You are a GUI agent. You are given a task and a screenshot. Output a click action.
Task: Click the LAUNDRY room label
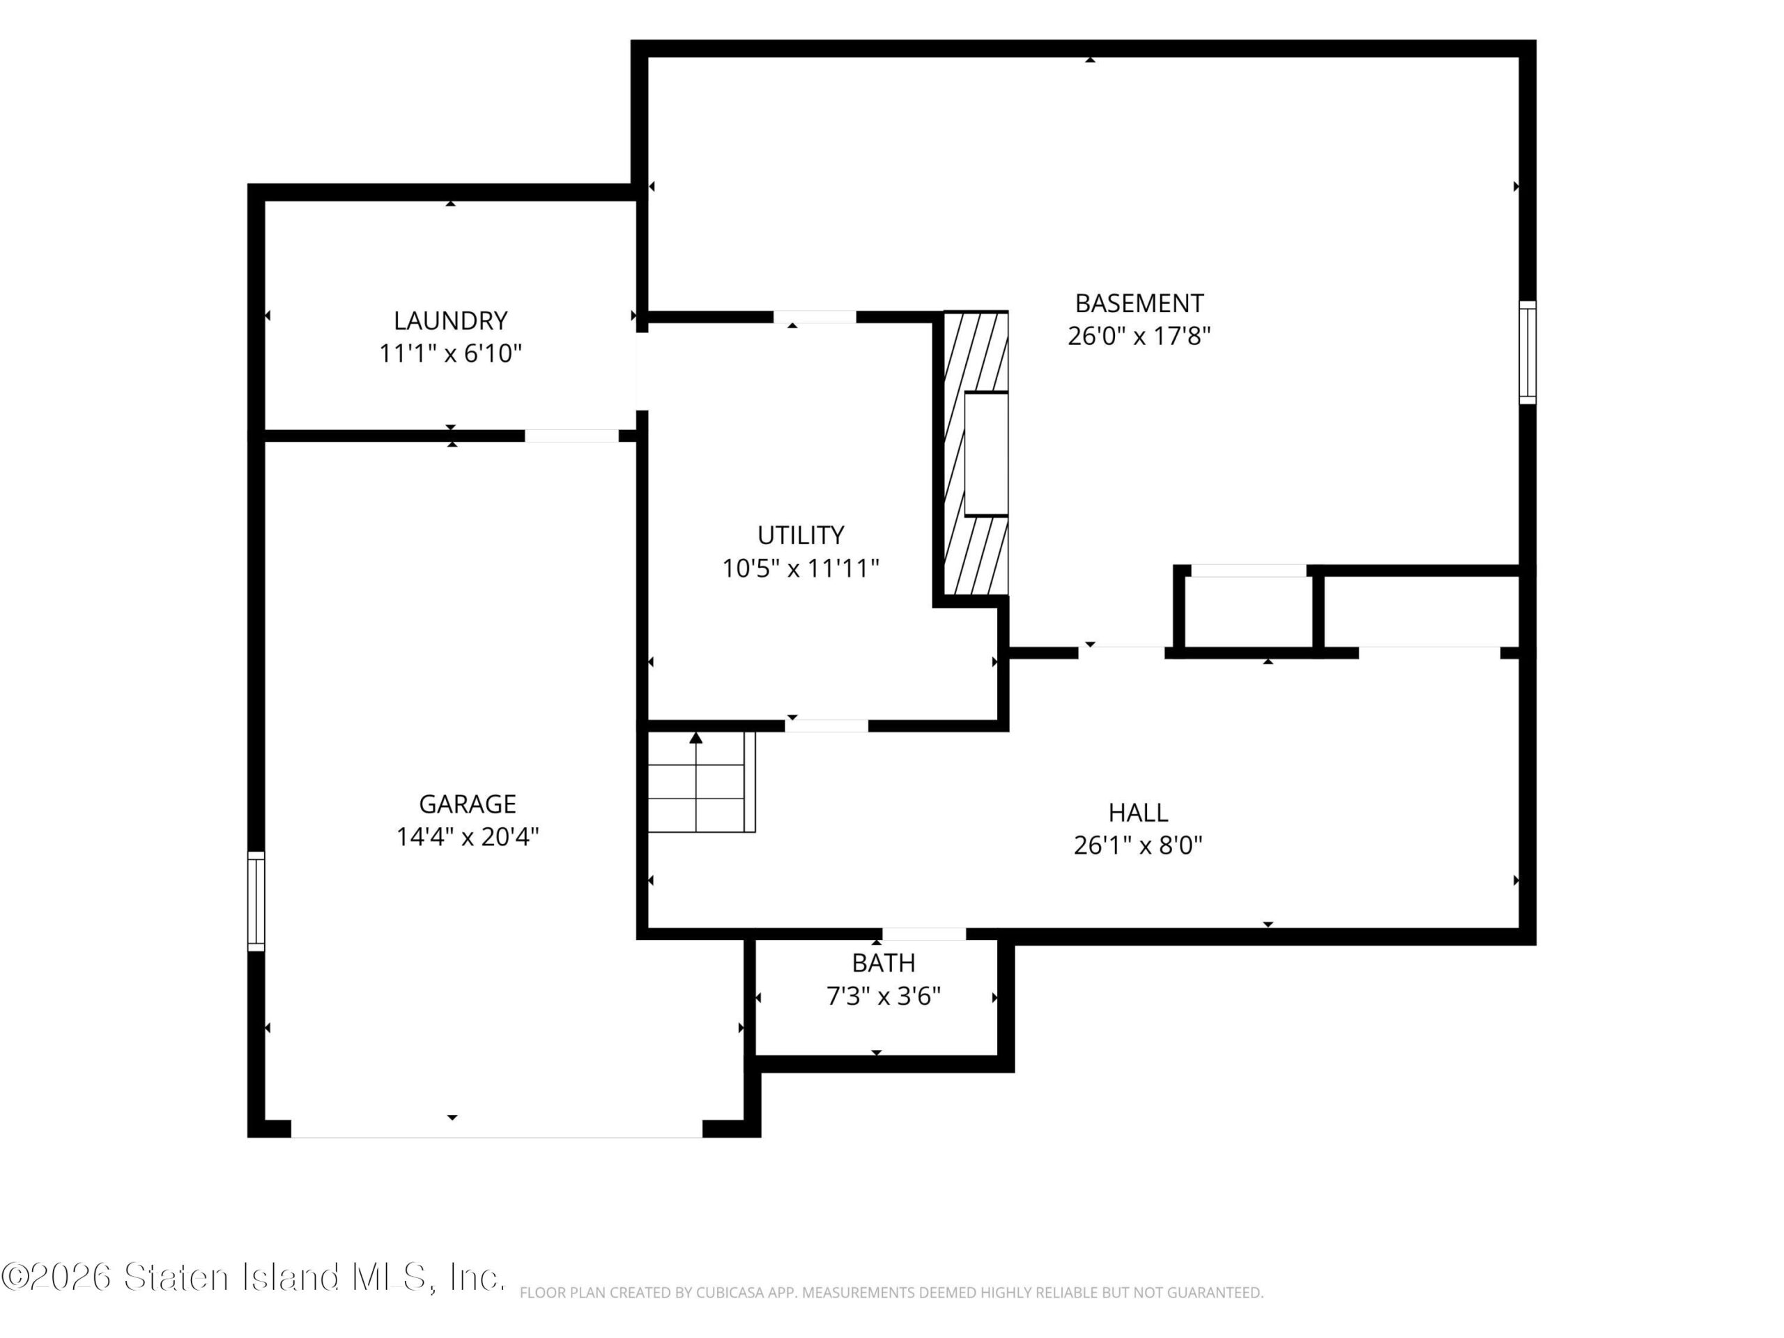450,321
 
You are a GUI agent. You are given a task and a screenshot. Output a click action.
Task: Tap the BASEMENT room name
1139,303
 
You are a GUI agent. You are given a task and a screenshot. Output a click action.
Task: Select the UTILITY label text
801,535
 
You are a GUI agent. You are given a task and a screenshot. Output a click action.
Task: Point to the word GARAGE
467,803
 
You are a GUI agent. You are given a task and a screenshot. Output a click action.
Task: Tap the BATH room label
883,963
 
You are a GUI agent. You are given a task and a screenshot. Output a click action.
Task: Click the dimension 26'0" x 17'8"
1139,337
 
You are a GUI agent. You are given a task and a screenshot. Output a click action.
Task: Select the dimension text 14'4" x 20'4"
467,837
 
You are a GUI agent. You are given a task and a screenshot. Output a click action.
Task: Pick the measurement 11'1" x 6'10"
450,354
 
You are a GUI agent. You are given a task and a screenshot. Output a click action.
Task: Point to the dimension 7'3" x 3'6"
883,997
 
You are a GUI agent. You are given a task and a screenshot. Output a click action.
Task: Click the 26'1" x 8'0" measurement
1138,845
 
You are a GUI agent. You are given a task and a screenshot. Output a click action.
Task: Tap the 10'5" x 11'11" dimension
801,569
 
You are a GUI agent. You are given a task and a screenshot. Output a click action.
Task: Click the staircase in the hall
701,781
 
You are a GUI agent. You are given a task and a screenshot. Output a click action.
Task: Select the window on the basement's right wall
1528,353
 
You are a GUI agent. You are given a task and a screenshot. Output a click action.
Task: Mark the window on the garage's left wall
256,901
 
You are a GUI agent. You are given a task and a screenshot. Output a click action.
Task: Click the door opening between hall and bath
923,935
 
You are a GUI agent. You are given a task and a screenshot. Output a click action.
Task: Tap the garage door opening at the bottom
496,1129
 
